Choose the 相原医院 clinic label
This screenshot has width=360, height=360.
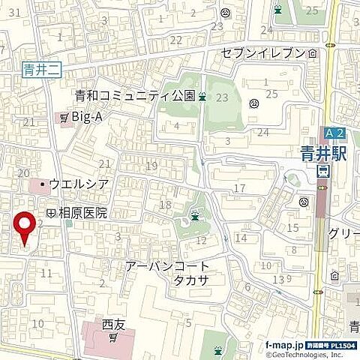[x=80, y=213]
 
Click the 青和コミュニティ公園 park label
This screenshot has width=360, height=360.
[x=135, y=95]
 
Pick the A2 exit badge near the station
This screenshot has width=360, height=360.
[x=335, y=133]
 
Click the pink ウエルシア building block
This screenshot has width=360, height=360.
[x=39, y=184]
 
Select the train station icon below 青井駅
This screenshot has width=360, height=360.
[x=322, y=172]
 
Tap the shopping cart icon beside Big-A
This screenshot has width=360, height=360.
[x=64, y=117]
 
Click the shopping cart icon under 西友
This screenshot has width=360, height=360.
[x=113, y=338]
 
